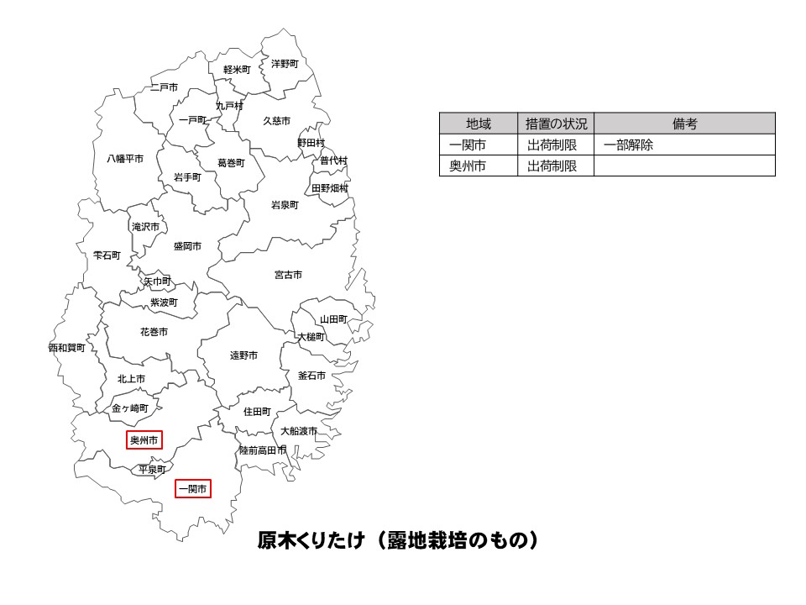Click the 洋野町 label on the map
285,63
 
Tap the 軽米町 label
237,69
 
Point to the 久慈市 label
277,121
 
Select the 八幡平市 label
124,158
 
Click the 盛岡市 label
187,246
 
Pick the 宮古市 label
288,275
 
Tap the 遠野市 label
243,355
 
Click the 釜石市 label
311,376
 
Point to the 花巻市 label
154,332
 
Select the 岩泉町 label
285,204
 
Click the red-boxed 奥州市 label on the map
144,439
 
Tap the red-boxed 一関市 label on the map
192,488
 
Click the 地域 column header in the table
479,124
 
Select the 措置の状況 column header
557,124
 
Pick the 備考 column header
684,124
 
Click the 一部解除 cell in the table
628,145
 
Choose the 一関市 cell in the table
468,145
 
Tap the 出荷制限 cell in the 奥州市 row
552,166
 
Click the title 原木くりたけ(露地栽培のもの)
397,540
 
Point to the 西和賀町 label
66,347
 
